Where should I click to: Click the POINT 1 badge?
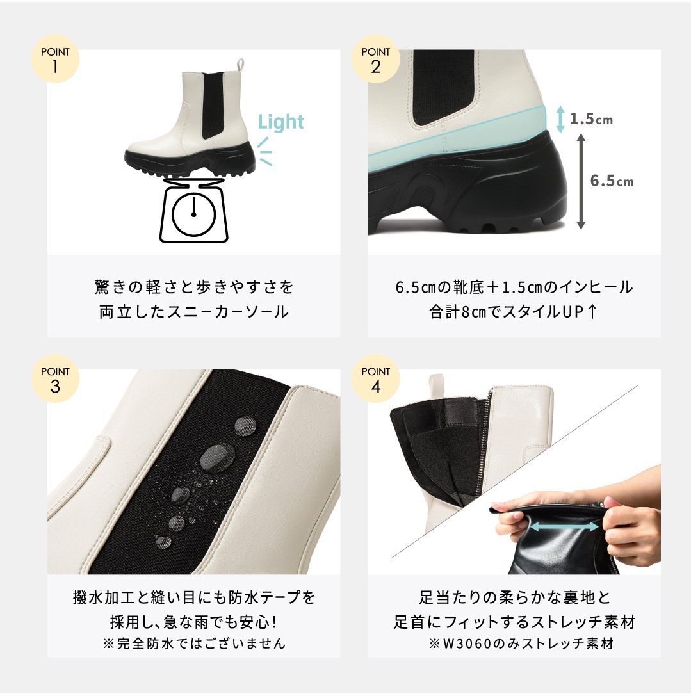pos(55,59)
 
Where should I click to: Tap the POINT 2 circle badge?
pos(375,59)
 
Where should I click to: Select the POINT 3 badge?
pos(55,378)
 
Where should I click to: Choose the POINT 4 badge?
pos(375,378)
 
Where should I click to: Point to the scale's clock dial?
pos(194,216)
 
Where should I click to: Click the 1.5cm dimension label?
pos(591,119)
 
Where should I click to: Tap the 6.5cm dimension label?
pos(612,181)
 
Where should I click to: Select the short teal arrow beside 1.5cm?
pos(560,119)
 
